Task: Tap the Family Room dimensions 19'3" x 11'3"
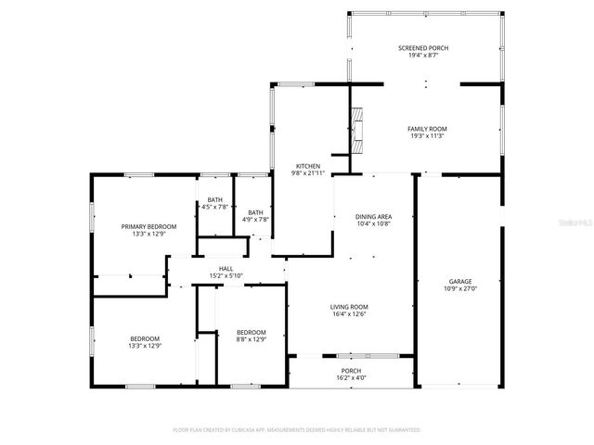(427, 136)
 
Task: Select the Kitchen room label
(309, 165)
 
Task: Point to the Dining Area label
(372, 216)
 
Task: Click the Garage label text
(460, 281)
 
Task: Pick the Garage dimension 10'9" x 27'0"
(460, 288)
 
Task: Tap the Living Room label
(349, 307)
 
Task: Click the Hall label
(226, 268)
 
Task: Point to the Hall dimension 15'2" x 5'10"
(226, 275)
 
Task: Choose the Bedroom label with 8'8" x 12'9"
(251, 332)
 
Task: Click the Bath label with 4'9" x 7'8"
(255, 212)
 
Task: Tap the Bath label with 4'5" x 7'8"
(214, 199)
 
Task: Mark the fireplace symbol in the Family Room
(359, 129)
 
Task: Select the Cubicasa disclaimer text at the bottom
(297, 430)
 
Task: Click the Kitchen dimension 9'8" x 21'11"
(309, 172)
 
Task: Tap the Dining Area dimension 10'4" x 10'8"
(372, 223)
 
